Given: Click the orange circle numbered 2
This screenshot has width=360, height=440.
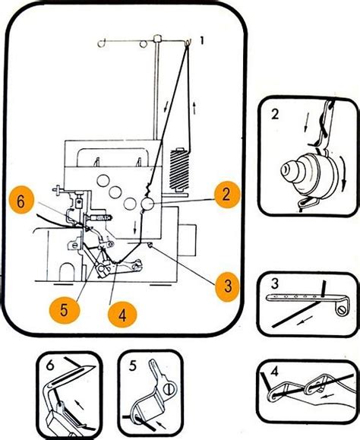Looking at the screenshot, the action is [227, 195].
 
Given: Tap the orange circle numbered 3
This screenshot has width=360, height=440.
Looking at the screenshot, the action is [228, 286].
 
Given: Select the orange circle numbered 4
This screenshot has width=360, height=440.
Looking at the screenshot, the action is [122, 316].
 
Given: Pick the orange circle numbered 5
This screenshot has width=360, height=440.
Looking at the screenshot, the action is [65, 310].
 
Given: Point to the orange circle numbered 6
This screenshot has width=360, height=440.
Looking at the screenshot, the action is [21, 201].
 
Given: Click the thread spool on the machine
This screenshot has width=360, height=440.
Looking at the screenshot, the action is [179, 170].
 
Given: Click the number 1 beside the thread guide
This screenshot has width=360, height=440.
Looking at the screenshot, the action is [202, 41].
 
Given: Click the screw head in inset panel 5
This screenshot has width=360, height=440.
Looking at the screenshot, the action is [169, 390].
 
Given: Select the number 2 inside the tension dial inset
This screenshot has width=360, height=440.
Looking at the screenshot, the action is [275, 114].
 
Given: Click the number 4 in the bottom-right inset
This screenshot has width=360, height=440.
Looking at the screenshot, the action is [274, 372].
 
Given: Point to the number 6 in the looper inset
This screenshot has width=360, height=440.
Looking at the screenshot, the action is [50, 366].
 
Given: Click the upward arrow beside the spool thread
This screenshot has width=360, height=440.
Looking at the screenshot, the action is [194, 108].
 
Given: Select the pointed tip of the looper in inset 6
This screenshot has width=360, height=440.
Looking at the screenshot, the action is [96, 366].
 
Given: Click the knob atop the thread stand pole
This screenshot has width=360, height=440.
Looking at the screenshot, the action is [157, 38].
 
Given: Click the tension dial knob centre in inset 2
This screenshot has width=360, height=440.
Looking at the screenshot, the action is [286, 169].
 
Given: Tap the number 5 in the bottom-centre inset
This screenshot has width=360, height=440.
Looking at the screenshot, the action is [133, 366].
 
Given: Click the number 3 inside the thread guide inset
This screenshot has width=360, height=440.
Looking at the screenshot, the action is [275, 283].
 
